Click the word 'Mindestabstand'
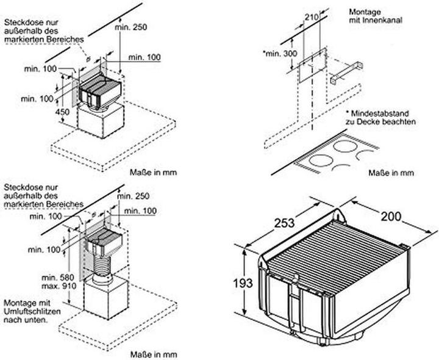tap(385, 113)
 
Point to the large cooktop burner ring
tap(324, 164)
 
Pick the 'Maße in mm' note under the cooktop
tap(391, 173)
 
